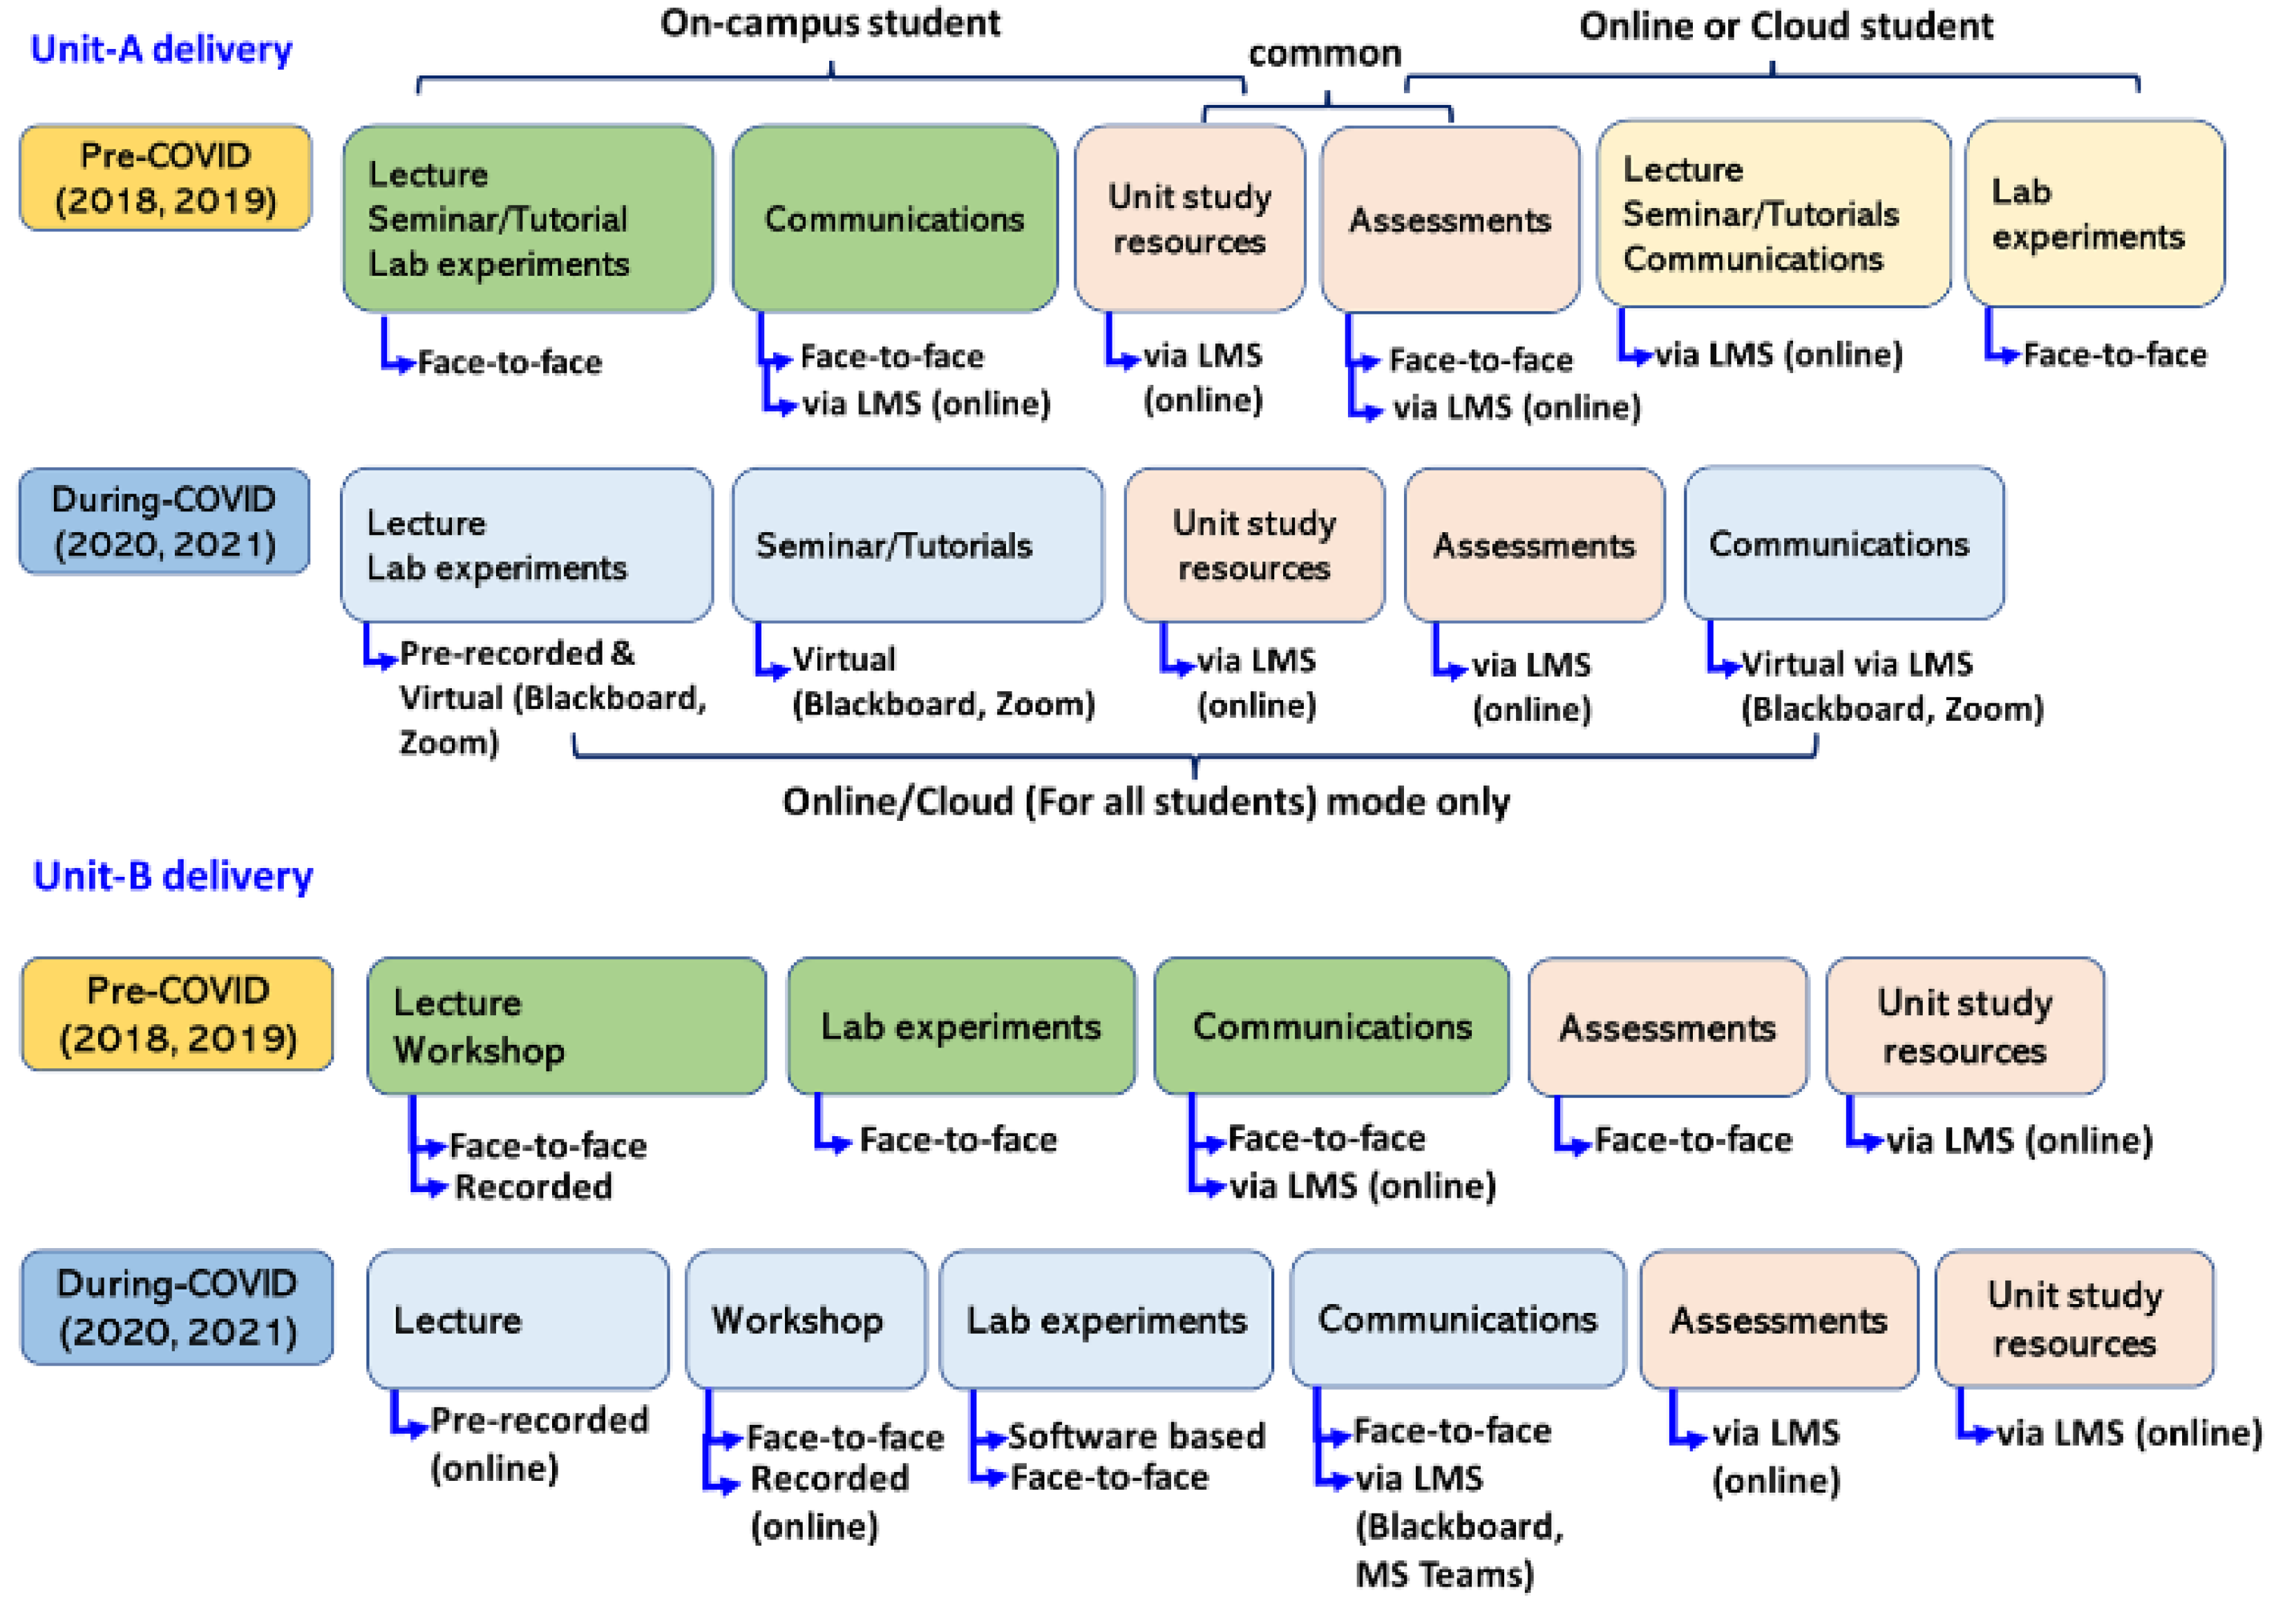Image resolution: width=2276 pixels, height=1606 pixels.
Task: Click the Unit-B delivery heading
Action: coord(173,876)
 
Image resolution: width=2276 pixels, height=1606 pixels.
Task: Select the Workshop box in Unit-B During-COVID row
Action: coord(805,1319)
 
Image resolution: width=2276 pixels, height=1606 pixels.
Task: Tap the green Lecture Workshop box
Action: coord(566,1026)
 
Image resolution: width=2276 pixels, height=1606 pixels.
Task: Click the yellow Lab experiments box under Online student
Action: coord(2094,214)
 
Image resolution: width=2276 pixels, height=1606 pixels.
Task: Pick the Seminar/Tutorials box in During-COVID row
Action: coord(917,545)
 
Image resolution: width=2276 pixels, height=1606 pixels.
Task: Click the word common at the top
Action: coord(1325,53)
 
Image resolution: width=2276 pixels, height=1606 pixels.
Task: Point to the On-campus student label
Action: coord(830,23)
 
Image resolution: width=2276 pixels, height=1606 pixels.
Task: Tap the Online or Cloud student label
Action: coord(1785,26)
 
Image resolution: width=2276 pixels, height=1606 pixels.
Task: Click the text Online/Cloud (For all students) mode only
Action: coord(1146,801)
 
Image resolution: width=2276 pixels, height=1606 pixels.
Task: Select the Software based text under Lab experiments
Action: coord(1136,1435)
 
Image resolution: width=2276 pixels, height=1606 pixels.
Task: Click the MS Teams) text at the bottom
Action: coord(1443,1574)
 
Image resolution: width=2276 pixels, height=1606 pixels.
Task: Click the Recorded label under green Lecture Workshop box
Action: coord(532,1187)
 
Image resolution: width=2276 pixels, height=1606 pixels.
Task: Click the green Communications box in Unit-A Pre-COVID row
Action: coord(894,219)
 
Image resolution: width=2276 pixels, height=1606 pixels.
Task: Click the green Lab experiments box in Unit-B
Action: coord(960,1026)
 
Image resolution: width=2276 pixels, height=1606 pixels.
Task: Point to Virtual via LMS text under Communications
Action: coord(1857,663)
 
